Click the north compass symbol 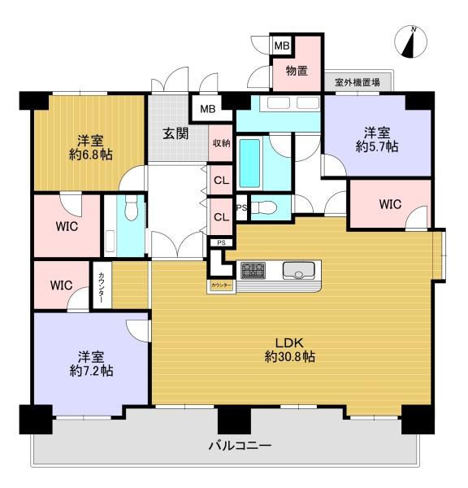coord(410,42)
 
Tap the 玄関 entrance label coord(175,133)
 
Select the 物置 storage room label coord(297,71)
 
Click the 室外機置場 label coord(357,82)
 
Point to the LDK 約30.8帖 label coord(290,350)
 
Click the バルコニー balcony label coord(240,446)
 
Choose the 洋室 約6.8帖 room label coord(90,147)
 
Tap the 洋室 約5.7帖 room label coord(377,139)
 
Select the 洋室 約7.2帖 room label coord(91,364)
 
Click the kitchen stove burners coord(253,270)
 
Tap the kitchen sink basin coord(298,271)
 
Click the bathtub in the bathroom coord(249,163)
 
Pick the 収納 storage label coord(221,143)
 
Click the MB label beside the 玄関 coord(208,109)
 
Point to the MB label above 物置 coord(282,46)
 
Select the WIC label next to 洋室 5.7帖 coord(390,204)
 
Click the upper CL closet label coord(221,181)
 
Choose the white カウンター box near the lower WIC coord(102,285)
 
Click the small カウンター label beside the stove coord(221,285)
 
